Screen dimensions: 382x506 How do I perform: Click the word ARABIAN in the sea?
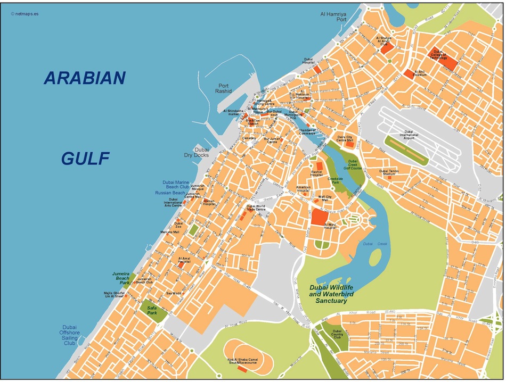pyautogui.click(x=85, y=78)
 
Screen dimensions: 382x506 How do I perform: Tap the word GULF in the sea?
pyautogui.click(x=85, y=158)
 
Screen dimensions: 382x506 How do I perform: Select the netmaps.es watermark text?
pyautogui.click(x=25, y=14)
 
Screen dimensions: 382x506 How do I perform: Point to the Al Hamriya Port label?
pyautogui.click(x=334, y=16)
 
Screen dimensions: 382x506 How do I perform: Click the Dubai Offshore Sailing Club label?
pyautogui.click(x=70, y=335)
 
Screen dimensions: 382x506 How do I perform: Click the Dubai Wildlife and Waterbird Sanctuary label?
pyautogui.click(x=332, y=294)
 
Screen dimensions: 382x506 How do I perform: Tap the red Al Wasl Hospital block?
pyautogui.click(x=319, y=217)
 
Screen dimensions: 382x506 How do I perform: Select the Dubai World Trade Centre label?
pyautogui.click(x=256, y=207)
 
